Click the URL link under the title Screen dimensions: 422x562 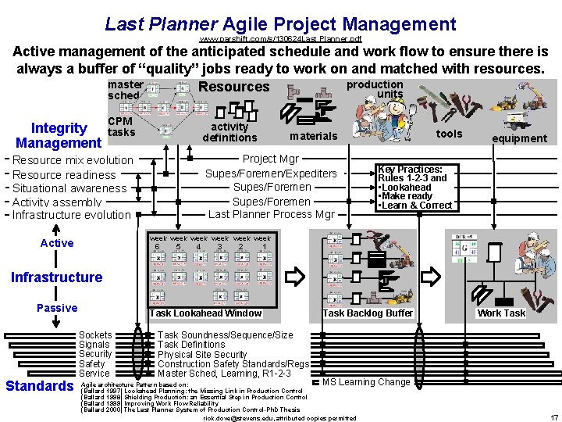(x=280, y=38)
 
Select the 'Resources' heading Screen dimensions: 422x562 (x=233, y=87)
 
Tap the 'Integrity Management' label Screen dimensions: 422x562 (x=59, y=135)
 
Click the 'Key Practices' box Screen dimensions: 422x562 (x=414, y=188)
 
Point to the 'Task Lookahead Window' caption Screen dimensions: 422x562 (x=205, y=313)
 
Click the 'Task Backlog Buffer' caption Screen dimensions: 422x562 (x=367, y=313)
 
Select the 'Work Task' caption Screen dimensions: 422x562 (x=501, y=313)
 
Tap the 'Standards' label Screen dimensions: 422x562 (x=39, y=386)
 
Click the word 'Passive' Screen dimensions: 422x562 (x=57, y=308)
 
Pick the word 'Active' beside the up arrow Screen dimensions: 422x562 (x=57, y=243)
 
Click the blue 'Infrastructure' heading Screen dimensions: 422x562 (x=56, y=277)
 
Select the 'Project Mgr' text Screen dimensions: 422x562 (x=271, y=159)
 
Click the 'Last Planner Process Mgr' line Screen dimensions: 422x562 (x=271, y=214)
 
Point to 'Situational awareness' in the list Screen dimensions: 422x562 (x=69, y=188)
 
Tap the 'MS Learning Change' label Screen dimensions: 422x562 (x=366, y=382)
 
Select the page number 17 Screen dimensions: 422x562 (x=553, y=417)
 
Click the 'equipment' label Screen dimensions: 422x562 (x=519, y=138)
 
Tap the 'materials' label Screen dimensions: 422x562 (x=313, y=136)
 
